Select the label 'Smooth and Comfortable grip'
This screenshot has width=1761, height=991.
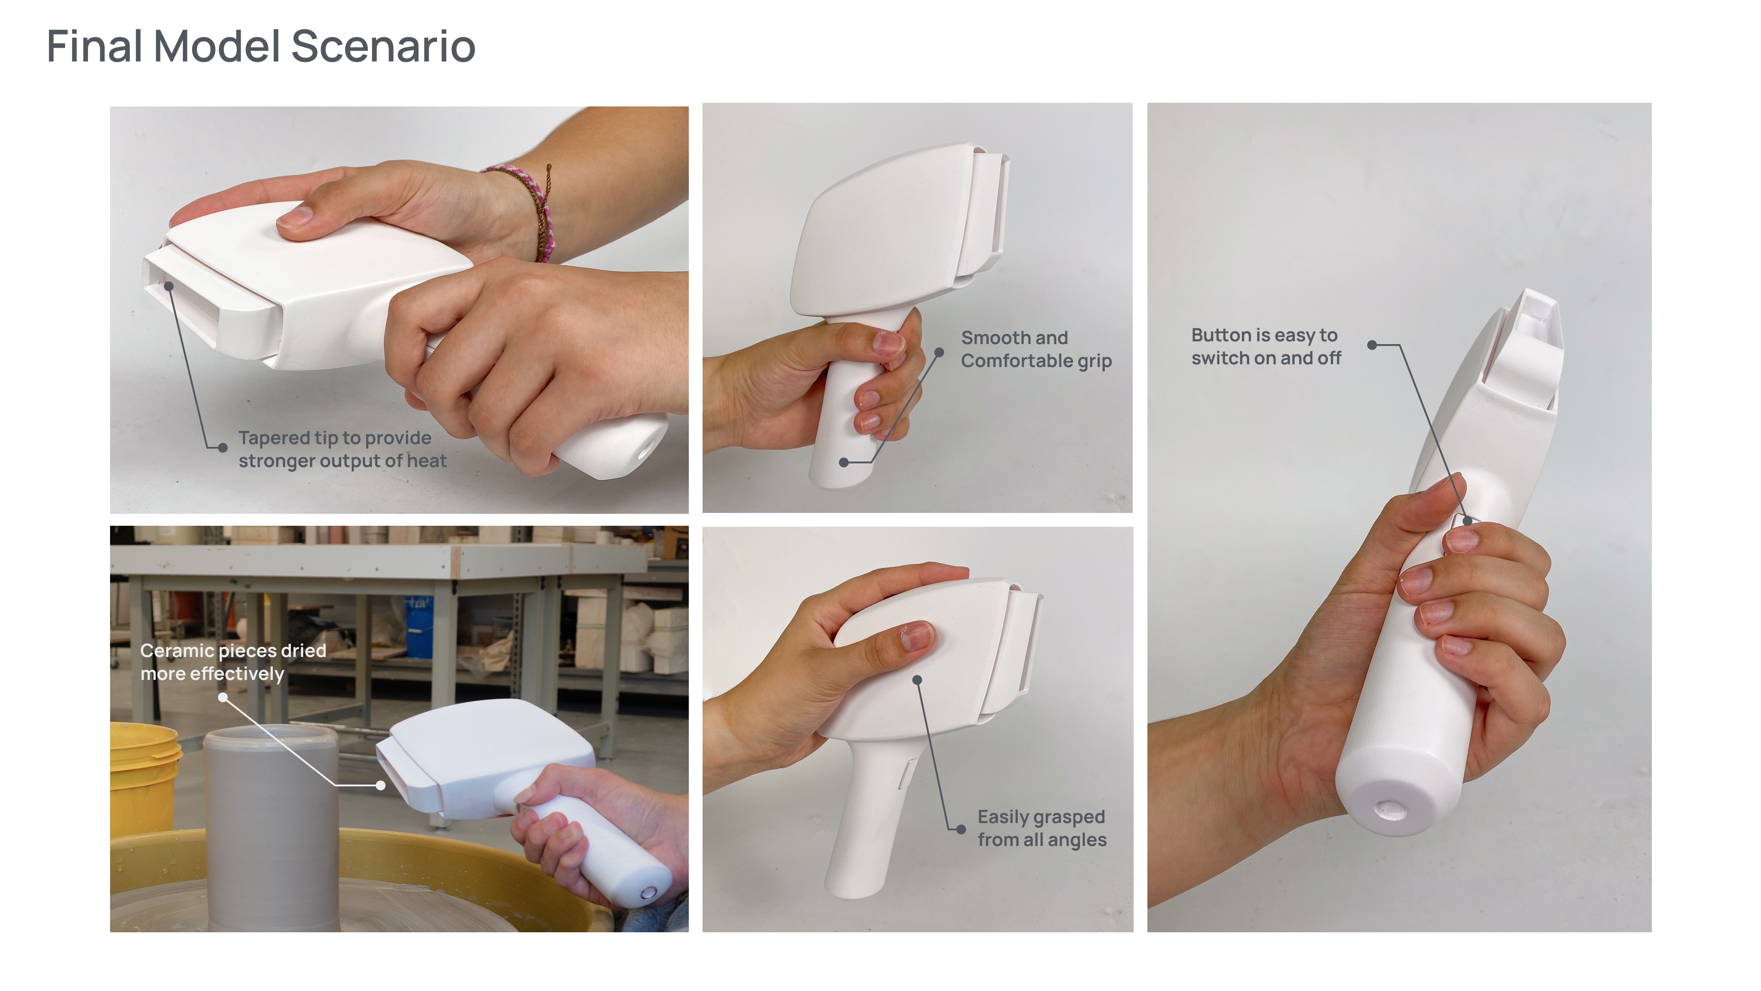coord(1036,350)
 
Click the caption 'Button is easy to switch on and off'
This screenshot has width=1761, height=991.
coord(1266,347)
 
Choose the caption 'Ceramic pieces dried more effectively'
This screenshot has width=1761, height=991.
coord(233,662)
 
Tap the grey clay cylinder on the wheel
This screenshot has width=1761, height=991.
coord(271,828)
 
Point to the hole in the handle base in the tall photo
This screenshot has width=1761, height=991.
coord(1389,810)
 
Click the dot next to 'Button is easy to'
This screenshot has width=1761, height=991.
coord(1371,345)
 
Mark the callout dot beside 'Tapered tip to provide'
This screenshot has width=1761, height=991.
coord(222,448)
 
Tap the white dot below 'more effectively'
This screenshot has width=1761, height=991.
coord(223,697)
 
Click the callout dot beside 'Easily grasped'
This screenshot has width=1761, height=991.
coord(961,830)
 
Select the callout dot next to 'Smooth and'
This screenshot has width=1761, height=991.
coord(939,352)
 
